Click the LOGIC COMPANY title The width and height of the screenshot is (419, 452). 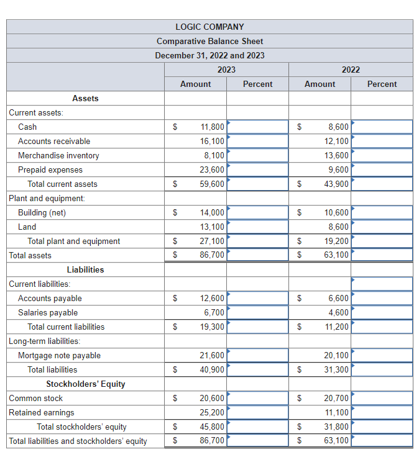[209, 27]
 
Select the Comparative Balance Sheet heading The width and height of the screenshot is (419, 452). [209, 41]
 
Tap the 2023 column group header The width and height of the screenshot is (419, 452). [226, 70]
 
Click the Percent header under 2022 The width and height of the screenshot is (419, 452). [382, 84]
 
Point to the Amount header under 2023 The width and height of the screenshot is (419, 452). [195, 84]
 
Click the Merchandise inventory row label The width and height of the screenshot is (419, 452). [58, 155]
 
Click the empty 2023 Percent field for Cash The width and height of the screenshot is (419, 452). [257, 127]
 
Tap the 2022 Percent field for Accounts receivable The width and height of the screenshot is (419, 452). [382, 141]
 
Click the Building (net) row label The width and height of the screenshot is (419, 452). [42, 212]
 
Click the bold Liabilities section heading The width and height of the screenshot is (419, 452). [85, 269]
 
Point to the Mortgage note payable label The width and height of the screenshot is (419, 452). [59, 355]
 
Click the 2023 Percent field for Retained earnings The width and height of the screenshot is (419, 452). [257, 412]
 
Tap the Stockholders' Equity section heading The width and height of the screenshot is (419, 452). [85, 384]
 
